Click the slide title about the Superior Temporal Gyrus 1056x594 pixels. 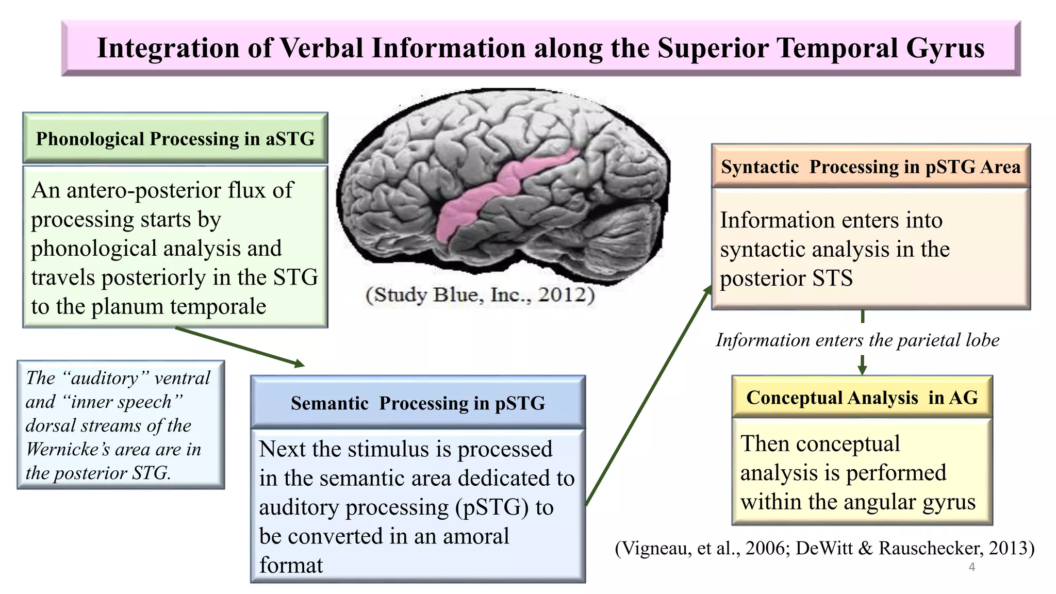pos(540,48)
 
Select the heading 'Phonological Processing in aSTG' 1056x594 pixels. pos(175,139)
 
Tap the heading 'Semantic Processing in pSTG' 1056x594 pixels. pos(418,403)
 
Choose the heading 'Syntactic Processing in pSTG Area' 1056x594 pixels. pos(870,167)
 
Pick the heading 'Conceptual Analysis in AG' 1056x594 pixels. pos(862,398)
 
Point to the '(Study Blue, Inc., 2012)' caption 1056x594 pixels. pos(480,294)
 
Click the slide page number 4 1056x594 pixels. pos(971,567)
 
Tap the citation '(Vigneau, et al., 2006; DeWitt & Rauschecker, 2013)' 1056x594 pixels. pos(824,548)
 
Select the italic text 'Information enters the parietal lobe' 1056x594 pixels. pos(857,340)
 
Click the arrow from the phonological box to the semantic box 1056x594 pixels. pos(240,346)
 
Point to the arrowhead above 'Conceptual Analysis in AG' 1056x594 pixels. pos(862,369)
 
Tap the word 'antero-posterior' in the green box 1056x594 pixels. pos(125,190)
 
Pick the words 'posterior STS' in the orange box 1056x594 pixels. pos(786,278)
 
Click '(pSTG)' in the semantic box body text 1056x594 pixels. pos(492,507)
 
